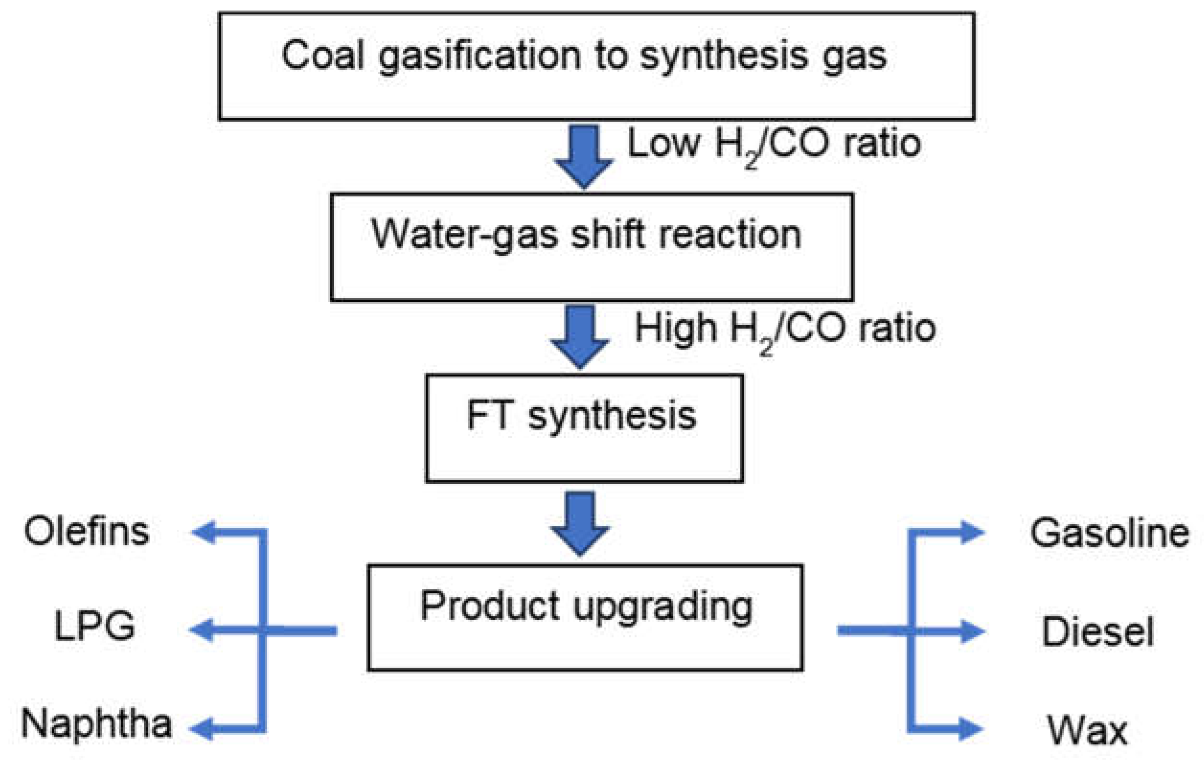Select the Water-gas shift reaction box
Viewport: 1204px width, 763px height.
pos(591,247)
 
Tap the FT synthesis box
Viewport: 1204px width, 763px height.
pos(584,428)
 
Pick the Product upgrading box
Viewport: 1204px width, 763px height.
pos(585,617)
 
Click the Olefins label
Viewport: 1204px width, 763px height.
pos(87,532)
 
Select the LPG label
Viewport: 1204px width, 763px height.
pos(94,626)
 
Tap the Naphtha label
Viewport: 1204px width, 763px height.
pos(96,724)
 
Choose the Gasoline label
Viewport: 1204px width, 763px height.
pos(1110,533)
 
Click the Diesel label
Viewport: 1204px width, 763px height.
pos(1098,631)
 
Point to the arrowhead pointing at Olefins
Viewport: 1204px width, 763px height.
pos(204,532)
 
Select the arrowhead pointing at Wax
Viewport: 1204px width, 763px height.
pos(970,728)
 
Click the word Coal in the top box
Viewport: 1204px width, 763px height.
pos(322,55)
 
